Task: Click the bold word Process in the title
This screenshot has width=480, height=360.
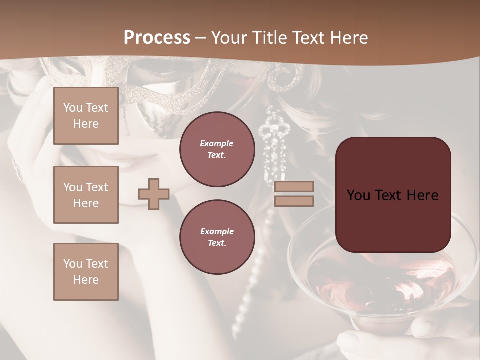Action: pos(157,37)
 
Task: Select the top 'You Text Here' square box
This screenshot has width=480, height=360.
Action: pos(86,116)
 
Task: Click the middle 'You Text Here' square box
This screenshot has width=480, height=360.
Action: pos(86,195)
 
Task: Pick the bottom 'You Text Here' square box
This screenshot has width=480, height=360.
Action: pos(86,271)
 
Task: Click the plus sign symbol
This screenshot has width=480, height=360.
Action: pos(154,194)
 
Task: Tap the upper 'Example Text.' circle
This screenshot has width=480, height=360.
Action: pos(217,149)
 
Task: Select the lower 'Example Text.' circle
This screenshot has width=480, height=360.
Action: pos(217,237)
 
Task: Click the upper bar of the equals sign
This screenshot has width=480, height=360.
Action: pos(294,187)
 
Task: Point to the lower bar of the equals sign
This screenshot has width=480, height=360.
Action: pos(294,201)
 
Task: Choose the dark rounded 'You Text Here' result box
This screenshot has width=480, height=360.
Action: pos(393,195)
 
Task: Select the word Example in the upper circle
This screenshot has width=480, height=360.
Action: pos(217,143)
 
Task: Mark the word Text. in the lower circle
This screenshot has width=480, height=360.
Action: pos(217,243)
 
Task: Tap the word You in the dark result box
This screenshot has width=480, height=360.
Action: pos(358,195)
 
